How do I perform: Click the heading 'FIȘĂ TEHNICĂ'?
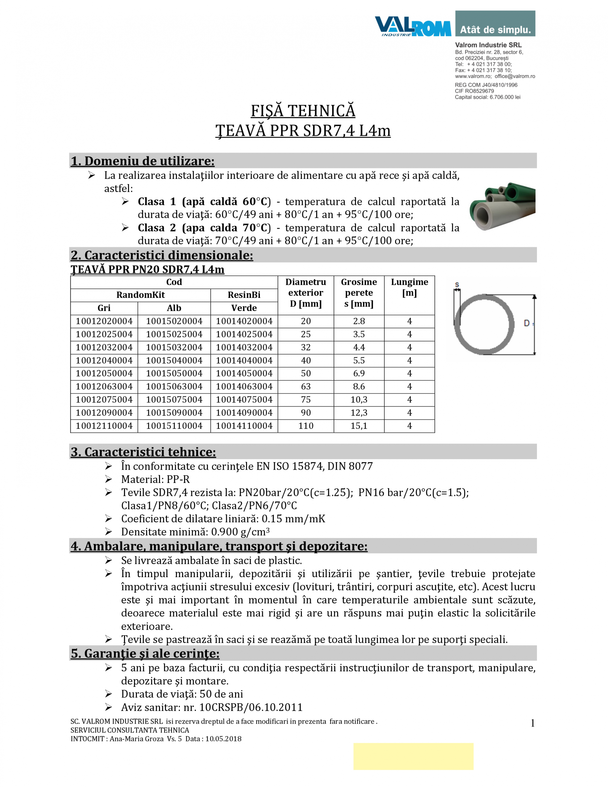click(x=303, y=111)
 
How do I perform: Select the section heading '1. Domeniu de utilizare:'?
click(x=142, y=161)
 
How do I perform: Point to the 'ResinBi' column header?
click(x=244, y=295)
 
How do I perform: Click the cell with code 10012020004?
click(x=104, y=321)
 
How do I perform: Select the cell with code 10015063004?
click(x=174, y=386)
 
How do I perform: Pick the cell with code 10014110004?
click(x=244, y=426)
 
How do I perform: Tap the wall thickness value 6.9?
click(x=359, y=373)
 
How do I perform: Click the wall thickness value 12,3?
click(x=359, y=413)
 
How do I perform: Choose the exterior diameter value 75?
click(x=305, y=399)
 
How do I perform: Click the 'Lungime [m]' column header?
click(x=409, y=287)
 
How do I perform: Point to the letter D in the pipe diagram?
click(x=526, y=323)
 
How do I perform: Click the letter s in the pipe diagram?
click(x=457, y=285)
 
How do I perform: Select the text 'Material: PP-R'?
click(x=155, y=479)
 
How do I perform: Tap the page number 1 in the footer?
click(x=532, y=723)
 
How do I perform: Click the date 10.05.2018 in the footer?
click(x=223, y=739)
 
